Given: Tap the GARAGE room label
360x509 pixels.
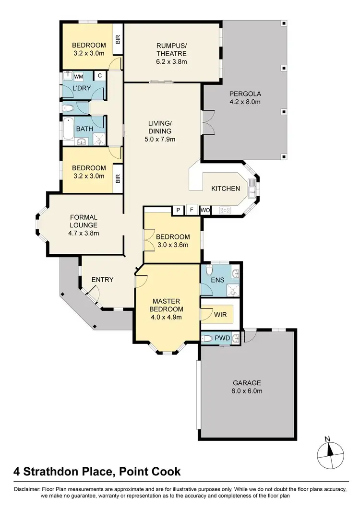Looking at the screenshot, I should tap(247, 383).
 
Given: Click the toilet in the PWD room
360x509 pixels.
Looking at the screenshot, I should tap(206, 338).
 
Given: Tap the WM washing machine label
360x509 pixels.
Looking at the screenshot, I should tap(79, 76).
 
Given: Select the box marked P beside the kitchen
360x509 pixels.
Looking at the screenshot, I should tap(178, 210).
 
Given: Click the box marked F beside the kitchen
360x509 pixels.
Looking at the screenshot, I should tap(192, 210).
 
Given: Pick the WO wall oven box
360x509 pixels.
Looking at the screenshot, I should tap(205, 210).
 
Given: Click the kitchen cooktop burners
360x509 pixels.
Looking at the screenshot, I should tap(225, 210).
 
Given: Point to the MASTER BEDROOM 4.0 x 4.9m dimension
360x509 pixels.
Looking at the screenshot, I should tap(166, 317).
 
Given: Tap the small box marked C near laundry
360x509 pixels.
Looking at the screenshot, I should tap(99, 75).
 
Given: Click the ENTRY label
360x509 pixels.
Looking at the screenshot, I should tap(102, 279).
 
